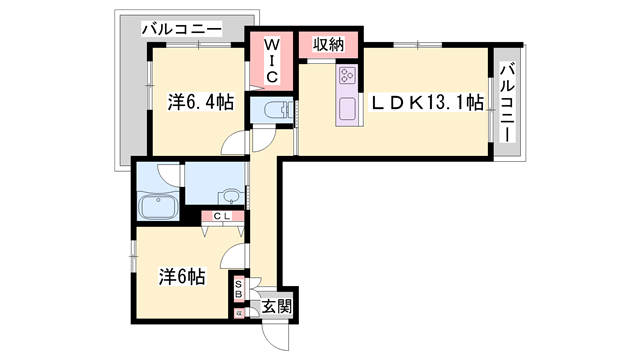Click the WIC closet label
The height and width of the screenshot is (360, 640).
tap(271, 60)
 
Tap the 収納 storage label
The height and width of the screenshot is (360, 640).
tap(329, 44)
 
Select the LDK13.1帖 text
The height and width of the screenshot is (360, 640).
tap(427, 102)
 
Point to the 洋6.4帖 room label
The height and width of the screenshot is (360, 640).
tap(201, 102)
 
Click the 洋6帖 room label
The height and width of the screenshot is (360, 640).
tap(182, 277)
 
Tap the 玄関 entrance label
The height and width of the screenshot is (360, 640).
tap(277, 306)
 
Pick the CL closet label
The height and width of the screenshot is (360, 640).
tap(222, 216)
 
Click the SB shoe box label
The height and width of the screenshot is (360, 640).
tap(239, 288)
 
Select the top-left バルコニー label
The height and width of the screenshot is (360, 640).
tap(182, 29)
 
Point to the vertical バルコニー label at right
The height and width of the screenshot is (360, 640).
tap(507, 102)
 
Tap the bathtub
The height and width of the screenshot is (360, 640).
tap(158, 207)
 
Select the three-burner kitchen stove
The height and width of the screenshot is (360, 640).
tap(348, 76)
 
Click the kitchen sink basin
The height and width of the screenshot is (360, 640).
tap(347, 109)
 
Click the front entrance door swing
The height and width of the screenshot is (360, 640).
tap(276, 337)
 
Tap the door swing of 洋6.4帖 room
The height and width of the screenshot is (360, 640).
tap(235, 143)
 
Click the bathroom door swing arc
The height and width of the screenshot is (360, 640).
tap(169, 174)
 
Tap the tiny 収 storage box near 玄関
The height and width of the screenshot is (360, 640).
tap(239, 313)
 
